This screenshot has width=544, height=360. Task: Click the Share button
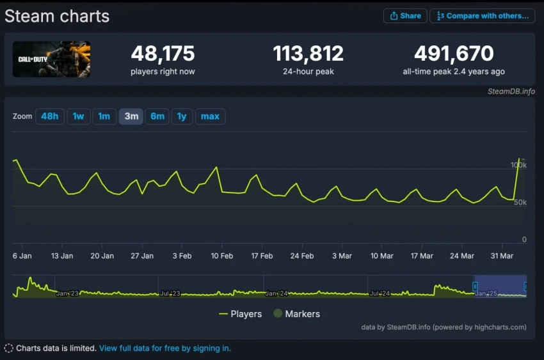(x=404, y=16)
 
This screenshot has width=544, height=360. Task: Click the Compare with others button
(x=482, y=16)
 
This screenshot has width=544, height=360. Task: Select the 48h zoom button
(x=50, y=116)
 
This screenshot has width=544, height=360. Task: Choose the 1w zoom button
(x=78, y=116)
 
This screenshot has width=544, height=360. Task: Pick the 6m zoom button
(x=157, y=116)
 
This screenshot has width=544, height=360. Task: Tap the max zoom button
(x=210, y=116)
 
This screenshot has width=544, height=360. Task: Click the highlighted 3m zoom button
(x=131, y=116)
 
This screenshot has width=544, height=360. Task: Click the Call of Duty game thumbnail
(x=51, y=59)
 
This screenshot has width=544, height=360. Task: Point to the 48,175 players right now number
(x=163, y=54)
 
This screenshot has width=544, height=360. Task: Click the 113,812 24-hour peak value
(x=308, y=54)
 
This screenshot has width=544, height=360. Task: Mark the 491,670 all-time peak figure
(x=454, y=54)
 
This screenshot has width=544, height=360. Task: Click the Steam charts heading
(x=57, y=17)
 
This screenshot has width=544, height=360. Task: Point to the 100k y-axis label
(x=518, y=165)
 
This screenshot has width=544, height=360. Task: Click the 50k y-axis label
(x=520, y=203)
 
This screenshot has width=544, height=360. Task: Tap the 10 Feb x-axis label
(x=221, y=256)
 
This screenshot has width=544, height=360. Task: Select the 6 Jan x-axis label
(x=22, y=256)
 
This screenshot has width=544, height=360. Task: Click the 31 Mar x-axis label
(x=502, y=256)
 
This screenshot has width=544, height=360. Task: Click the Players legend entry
(x=240, y=314)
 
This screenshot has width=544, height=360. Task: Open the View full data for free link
(x=164, y=348)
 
